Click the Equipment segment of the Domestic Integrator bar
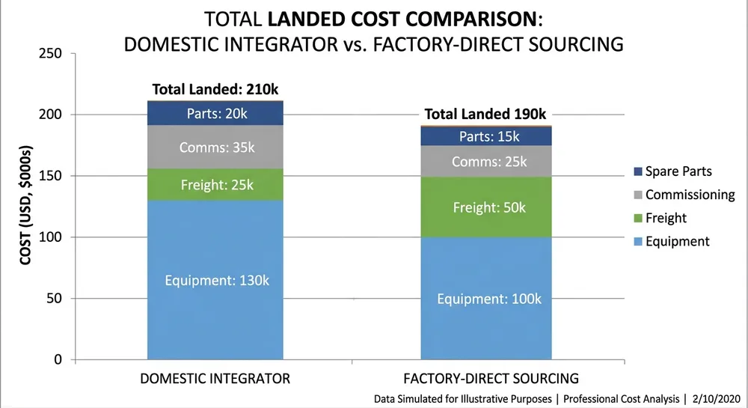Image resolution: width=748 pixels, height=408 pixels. [215, 280]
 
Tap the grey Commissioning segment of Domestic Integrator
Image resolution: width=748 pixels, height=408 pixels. [215, 147]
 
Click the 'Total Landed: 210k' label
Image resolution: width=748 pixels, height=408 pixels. [215, 89]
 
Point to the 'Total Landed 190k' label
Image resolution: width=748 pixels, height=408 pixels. [486, 115]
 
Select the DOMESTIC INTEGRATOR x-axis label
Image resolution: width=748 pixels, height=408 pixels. [215, 378]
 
